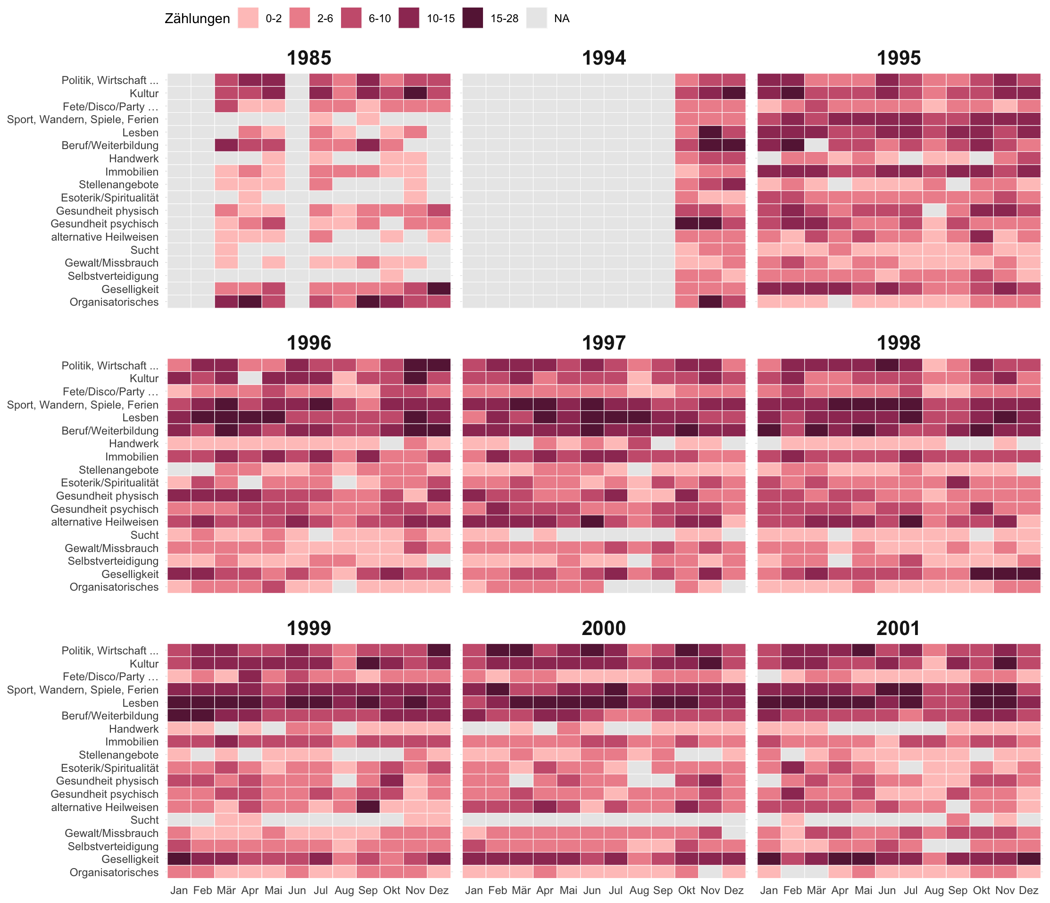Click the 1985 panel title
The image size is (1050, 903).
click(x=308, y=58)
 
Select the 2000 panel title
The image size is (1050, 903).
click(x=604, y=628)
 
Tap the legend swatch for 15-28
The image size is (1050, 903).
click(x=472, y=18)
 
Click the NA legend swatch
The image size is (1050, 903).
click(x=537, y=18)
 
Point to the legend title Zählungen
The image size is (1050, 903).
click(x=197, y=19)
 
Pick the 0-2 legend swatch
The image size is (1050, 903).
click(x=248, y=18)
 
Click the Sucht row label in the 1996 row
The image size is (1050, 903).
click(x=144, y=535)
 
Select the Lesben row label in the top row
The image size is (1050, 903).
click(x=141, y=132)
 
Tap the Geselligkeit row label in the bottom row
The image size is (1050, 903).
click(x=130, y=859)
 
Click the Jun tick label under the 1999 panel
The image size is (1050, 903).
click(x=297, y=890)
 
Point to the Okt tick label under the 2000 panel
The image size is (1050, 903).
click(x=687, y=890)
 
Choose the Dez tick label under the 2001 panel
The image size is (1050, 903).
click(x=1029, y=890)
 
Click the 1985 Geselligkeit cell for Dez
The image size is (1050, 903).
click(x=438, y=289)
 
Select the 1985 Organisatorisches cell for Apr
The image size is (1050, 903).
click(x=250, y=302)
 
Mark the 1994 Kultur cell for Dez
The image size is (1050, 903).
click(x=734, y=93)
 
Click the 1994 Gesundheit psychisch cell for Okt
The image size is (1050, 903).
click(x=687, y=224)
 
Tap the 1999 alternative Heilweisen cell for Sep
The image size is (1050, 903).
click(x=368, y=807)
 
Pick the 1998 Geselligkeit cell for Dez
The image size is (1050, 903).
click(x=1029, y=574)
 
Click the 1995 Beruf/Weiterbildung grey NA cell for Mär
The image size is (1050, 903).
click(x=816, y=145)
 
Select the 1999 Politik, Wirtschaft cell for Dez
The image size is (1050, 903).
click(x=438, y=650)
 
